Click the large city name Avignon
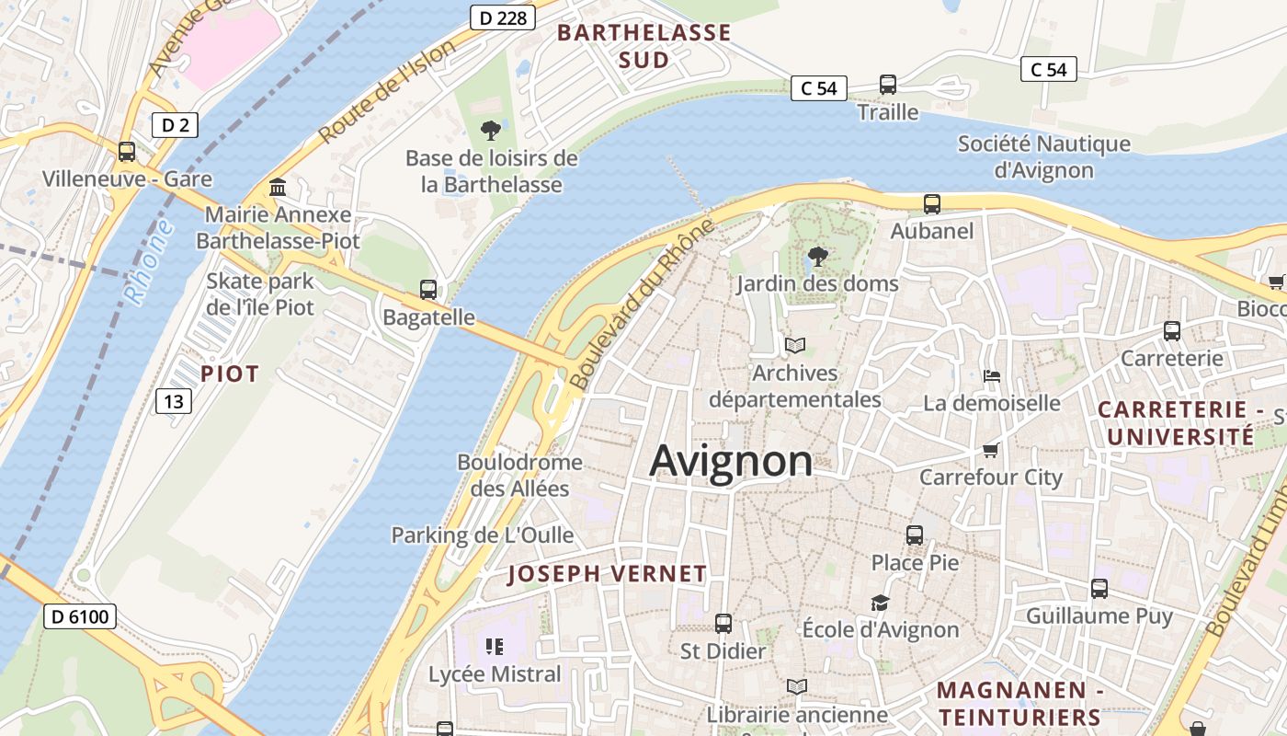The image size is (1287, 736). coord(731,461)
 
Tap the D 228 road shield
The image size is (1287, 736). coord(502,17)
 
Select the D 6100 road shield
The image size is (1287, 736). coord(80,615)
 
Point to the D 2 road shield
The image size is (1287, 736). coord(175,125)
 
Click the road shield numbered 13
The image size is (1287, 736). coord(175,400)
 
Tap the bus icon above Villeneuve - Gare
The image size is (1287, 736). coord(127,152)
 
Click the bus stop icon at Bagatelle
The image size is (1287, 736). coord(428,290)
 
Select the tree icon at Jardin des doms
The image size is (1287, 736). coord(817,257)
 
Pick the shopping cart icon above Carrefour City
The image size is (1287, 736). coord(991,450)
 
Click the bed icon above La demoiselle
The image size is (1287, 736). coord(992,375)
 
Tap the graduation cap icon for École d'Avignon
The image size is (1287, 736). coord(880,604)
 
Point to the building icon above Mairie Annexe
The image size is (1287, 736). coord(278,188)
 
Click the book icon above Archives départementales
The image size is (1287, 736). coord(795,346)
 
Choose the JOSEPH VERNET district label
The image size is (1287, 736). coord(608,574)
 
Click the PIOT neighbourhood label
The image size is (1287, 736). coord(230,374)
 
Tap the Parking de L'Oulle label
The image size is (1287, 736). coord(483,535)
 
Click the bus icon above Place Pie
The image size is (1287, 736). coord(915,535)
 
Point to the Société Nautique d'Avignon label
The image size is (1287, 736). coord(1044,156)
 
